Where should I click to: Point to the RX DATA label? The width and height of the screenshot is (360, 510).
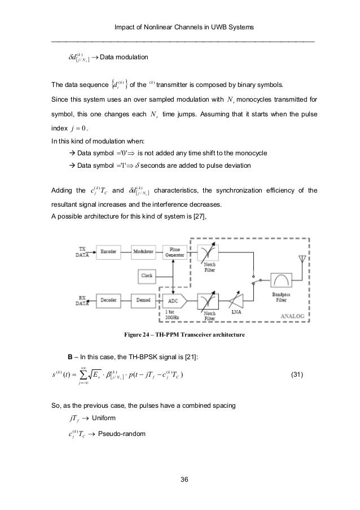coord(83,302)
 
